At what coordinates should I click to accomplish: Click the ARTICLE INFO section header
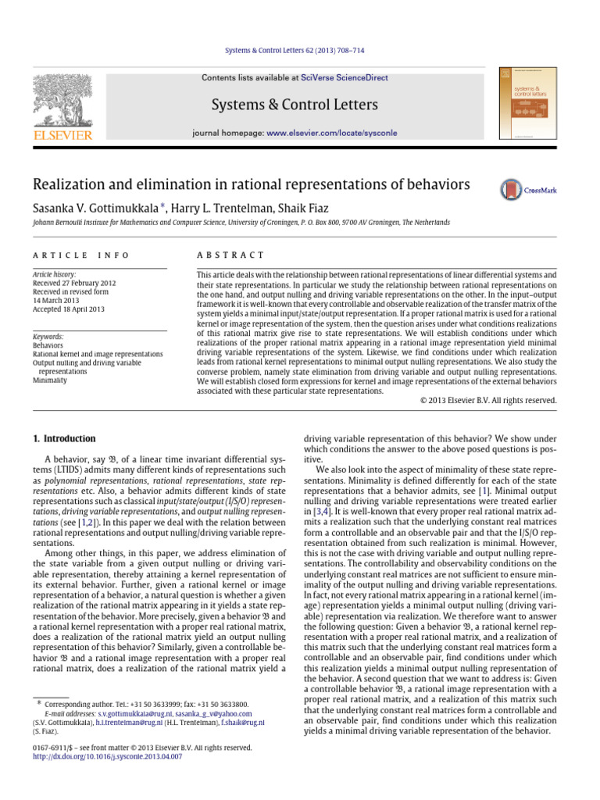coord(74,255)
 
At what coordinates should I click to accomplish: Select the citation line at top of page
coord(301,51)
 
